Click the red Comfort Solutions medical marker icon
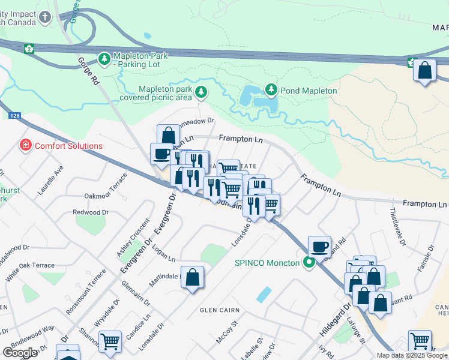(26, 145)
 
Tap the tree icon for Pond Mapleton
(271, 90)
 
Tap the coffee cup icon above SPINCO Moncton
(319, 246)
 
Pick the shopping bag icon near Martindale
(193, 277)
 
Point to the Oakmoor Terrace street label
(106, 187)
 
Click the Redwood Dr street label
(90, 212)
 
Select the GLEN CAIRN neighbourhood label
(220, 310)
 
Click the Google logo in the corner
(20, 353)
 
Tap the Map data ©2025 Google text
(412, 355)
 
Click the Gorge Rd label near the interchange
(88, 70)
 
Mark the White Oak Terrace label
(30, 265)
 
